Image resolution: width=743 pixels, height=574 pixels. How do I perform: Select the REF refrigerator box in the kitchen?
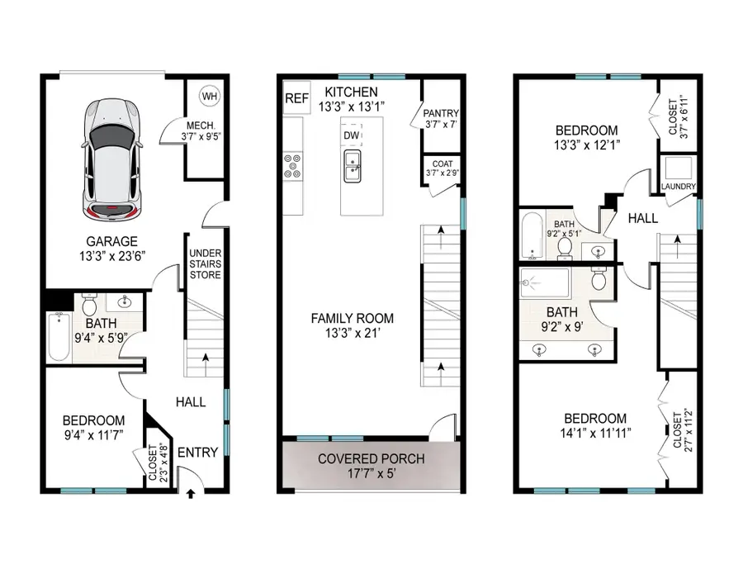click(x=296, y=98)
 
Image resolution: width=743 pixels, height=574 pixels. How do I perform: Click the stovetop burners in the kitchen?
click(x=293, y=165)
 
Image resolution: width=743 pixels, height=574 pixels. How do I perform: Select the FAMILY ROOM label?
click(x=352, y=318)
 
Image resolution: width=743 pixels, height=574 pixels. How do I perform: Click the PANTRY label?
click(x=440, y=113)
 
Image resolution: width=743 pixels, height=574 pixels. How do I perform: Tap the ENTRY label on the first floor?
click(x=198, y=452)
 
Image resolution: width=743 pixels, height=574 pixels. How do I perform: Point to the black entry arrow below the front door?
click(x=192, y=495)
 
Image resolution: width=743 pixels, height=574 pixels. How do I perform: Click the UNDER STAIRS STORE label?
click(x=205, y=263)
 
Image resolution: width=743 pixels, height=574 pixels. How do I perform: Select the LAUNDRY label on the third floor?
click(x=679, y=187)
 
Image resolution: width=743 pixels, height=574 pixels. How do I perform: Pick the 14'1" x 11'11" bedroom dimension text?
click(x=590, y=434)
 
